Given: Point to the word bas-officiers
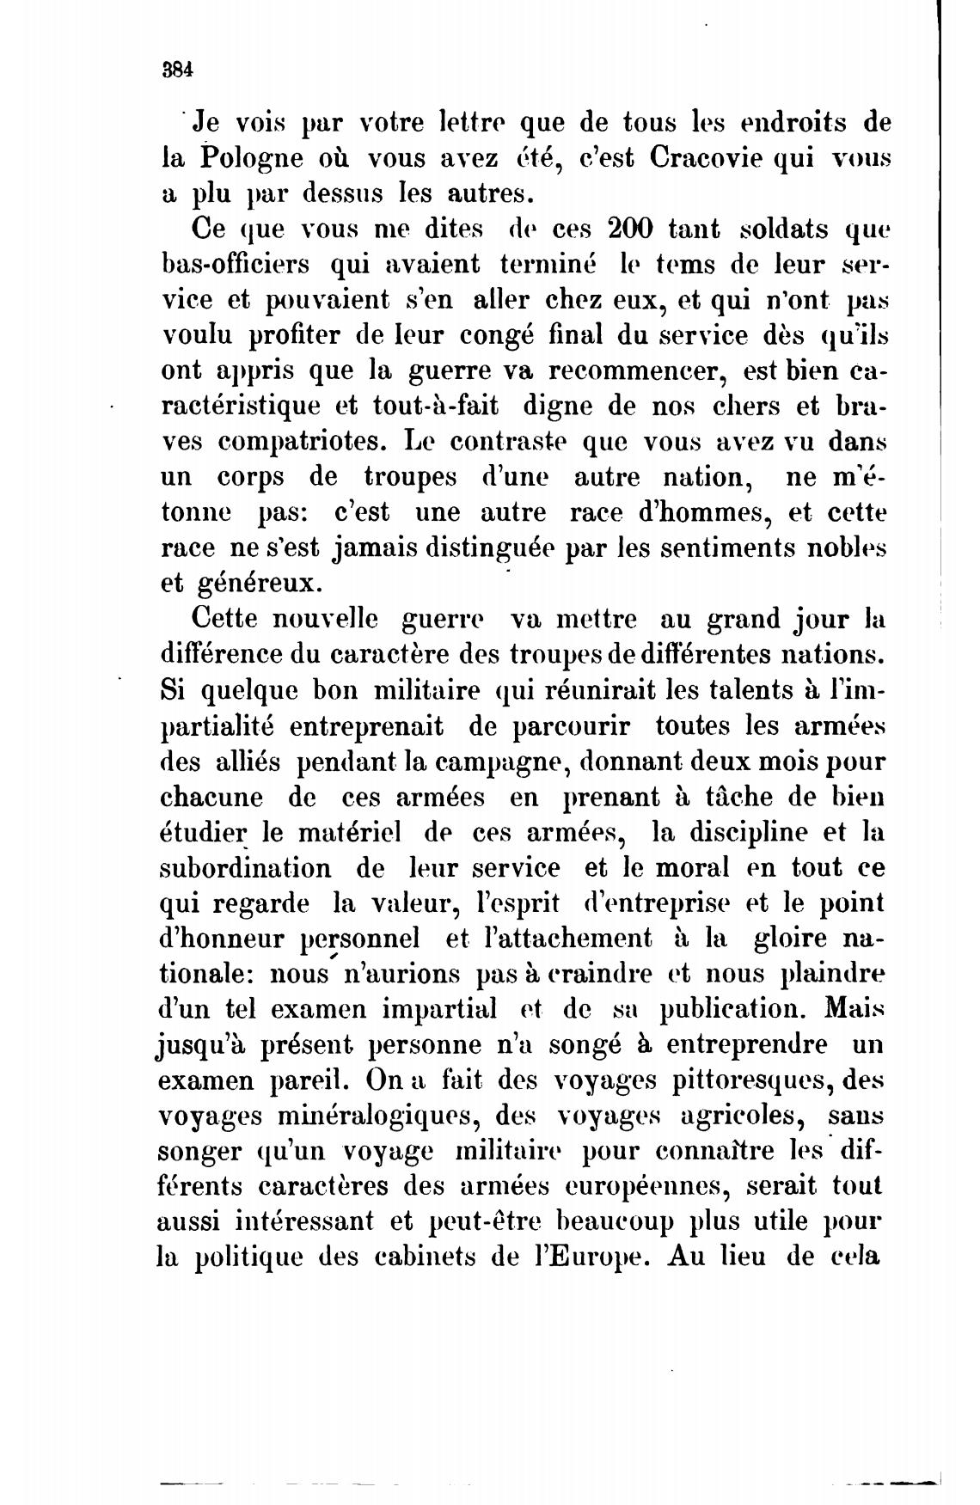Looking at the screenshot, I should click(235, 265).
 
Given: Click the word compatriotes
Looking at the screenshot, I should click(304, 441).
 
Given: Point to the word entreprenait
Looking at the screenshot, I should click(366, 726).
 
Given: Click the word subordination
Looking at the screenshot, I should click(245, 867).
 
